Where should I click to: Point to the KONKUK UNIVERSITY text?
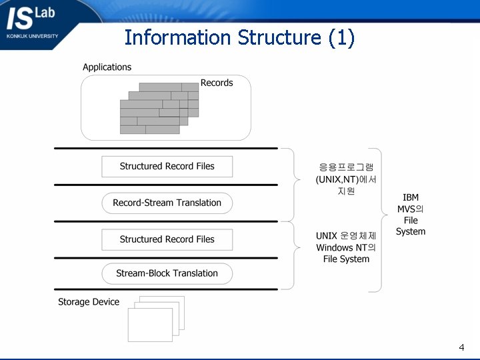[x=32, y=36]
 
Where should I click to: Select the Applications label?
[x=107, y=67]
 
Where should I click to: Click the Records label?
[x=217, y=83]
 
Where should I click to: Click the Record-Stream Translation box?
[x=167, y=203]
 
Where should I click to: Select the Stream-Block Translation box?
[x=167, y=273]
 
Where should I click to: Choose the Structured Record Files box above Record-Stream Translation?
[x=167, y=166]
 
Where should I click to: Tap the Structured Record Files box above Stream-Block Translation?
[x=167, y=239]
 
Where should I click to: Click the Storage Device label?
[x=89, y=302]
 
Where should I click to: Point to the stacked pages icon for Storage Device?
[x=156, y=319]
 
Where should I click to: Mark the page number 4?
[x=461, y=347]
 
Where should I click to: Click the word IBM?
[x=411, y=198]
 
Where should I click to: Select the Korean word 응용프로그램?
[x=346, y=167]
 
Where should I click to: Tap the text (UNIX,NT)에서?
[x=346, y=179]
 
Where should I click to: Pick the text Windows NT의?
[x=346, y=247]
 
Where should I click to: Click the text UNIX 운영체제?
[x=346, y=236]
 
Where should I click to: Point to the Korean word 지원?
[x=346, y=191]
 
